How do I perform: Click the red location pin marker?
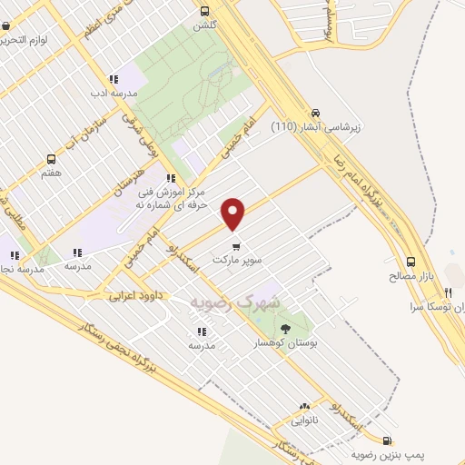coord(234,213)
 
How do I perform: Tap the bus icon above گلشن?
coord(203,12)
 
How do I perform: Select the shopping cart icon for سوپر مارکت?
coord(236,245)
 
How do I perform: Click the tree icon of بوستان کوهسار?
coord(287,328)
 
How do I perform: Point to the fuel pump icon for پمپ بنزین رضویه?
coord(390,438)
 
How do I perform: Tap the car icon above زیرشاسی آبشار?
coord(314,111)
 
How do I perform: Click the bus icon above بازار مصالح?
coord(411,260)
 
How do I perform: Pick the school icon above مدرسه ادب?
coord(113,79)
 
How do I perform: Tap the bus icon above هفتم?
coord(51,157)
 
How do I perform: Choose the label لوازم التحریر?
coord(36,40)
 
